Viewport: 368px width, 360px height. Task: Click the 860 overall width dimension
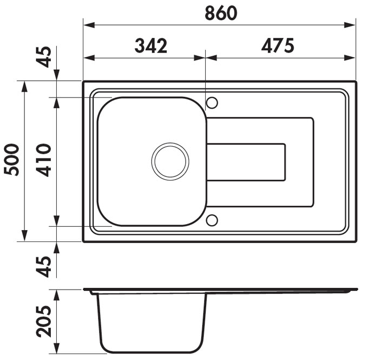(221, 13)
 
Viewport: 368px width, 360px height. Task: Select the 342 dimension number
(150, 45)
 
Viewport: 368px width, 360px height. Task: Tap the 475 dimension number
(278, 45)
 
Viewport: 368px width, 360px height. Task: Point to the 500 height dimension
(11, 160)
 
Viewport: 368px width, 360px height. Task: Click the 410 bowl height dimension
(43, 160)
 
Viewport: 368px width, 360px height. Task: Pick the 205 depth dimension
(43, 321)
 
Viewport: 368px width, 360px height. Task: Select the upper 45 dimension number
(43, 57)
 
